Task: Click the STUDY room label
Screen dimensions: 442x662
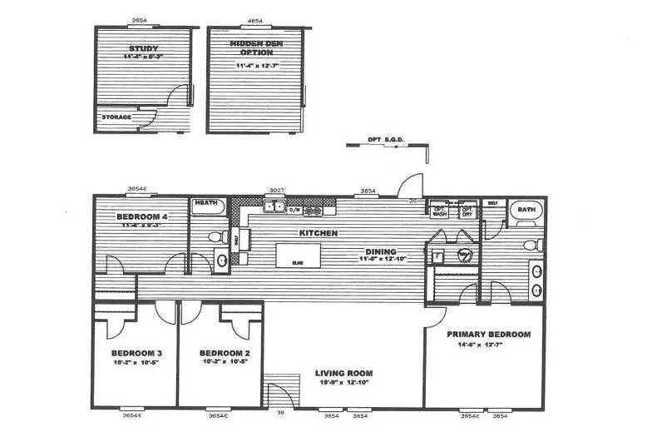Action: point(143,48)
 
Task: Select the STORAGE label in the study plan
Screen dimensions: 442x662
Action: point(116,117)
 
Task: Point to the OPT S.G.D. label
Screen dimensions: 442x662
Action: point(383,141)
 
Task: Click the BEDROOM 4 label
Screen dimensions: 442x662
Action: point(142,216)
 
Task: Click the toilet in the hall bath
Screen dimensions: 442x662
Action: point(215,238)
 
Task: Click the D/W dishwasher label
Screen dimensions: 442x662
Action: point(294,210)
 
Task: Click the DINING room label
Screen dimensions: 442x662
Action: point(381,251)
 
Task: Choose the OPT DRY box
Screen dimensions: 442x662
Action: point(467,211)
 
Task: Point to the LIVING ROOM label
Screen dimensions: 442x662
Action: point(343,373)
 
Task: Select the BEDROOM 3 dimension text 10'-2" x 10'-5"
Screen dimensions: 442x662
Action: point(135,362)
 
